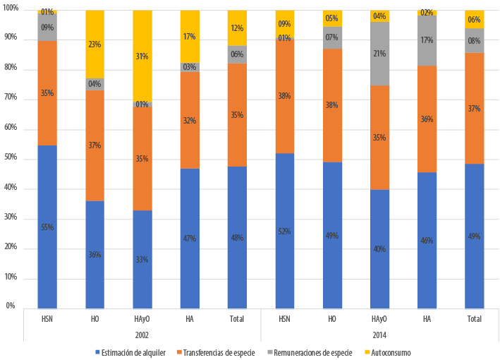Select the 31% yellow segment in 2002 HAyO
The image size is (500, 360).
pos(142,56)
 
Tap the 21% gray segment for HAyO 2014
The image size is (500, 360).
pos(379,54)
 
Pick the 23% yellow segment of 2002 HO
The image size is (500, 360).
pos(94,44)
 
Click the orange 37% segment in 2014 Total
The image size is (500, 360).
pos(475,108)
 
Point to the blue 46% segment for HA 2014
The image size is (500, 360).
pos(427,240)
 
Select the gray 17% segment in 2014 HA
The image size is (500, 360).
pos(427,40)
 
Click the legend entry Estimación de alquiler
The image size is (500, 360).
pos(134,352)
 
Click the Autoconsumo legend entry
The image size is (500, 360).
pos(391,352)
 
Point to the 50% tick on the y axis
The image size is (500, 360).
pos(11,160)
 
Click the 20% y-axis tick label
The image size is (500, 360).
pos(11,248)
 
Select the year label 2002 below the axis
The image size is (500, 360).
pos(142,335)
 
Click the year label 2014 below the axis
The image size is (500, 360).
pos(379,335)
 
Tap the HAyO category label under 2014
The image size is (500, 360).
pos(379,320)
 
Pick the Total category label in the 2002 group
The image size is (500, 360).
pos(237,320)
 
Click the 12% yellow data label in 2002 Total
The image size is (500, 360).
pos(237,28)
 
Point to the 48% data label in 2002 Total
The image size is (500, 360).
pos(237,237)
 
